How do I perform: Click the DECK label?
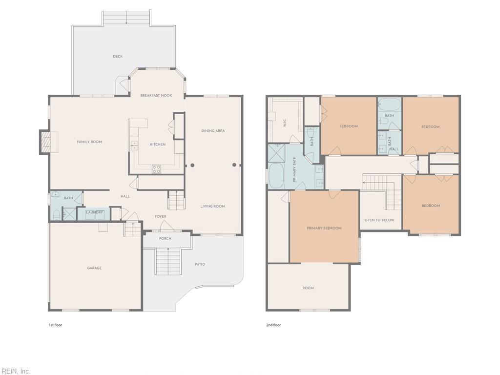tap(118, 57)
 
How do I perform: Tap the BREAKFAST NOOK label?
tap(156, 95)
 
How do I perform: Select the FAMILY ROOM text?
tap(89, 142)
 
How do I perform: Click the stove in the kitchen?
tap(156, 169)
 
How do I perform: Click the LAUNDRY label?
tap(94, 212)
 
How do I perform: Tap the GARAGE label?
tap(94, 268)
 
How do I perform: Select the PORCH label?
tap(165, 238)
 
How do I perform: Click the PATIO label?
tap(200, 264)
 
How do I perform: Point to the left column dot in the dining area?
tap(192, 165)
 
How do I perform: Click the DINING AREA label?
tap(213, 131)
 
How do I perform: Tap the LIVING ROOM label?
tap(213, 207)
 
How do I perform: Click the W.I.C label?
tap(285, 123)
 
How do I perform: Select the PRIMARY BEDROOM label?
tap(324, 229)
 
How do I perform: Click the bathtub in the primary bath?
tap(276, 176)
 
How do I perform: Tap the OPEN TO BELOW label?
tap(379, 220)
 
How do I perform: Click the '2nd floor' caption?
tap(273, 325)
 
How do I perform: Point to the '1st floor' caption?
tap(55, 325)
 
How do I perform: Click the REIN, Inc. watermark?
tap(15, 372)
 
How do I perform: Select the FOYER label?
tap(161, 216)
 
